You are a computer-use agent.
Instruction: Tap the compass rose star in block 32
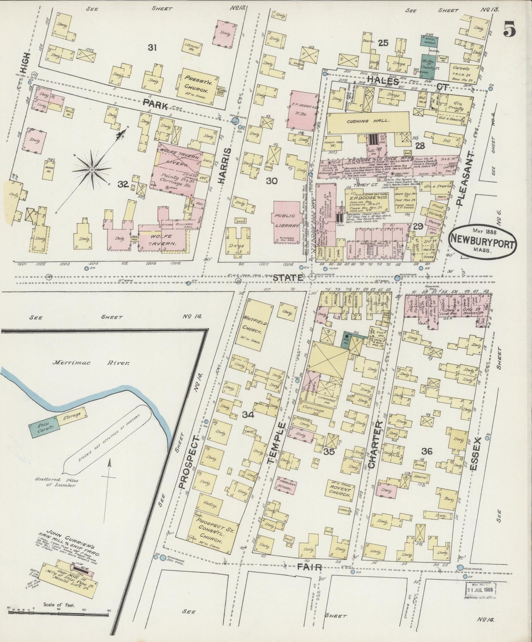coord(92,169)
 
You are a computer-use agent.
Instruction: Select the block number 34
coord(248,415)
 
